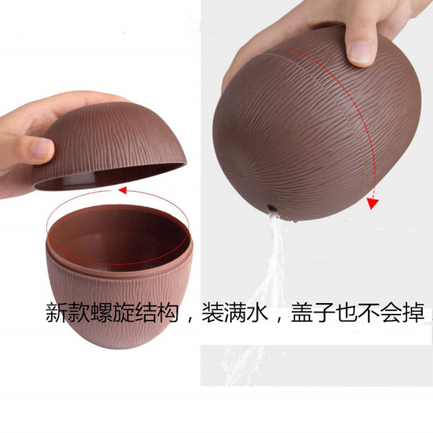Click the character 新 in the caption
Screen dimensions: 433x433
(x=56, y=313)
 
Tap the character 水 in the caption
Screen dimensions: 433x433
(x=257, y=313)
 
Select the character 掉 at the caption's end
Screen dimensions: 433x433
(x=414, y=313)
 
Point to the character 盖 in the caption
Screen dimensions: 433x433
(x=302, y=313)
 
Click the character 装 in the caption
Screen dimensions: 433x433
(x=213, y=313)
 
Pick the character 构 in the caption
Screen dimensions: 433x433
(x=167, y=313)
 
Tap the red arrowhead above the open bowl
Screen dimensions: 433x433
(x=123, y=191)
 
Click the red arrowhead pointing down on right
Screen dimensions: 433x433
(x=372, y=203)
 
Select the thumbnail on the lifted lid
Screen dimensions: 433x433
(x=41, y=149)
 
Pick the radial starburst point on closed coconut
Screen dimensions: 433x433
(x=242, y=174)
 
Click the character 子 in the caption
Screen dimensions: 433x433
(x=324, y=313)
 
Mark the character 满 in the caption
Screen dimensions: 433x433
(x=235, y=313)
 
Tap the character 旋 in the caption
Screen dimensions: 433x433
(x=123, y=313)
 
